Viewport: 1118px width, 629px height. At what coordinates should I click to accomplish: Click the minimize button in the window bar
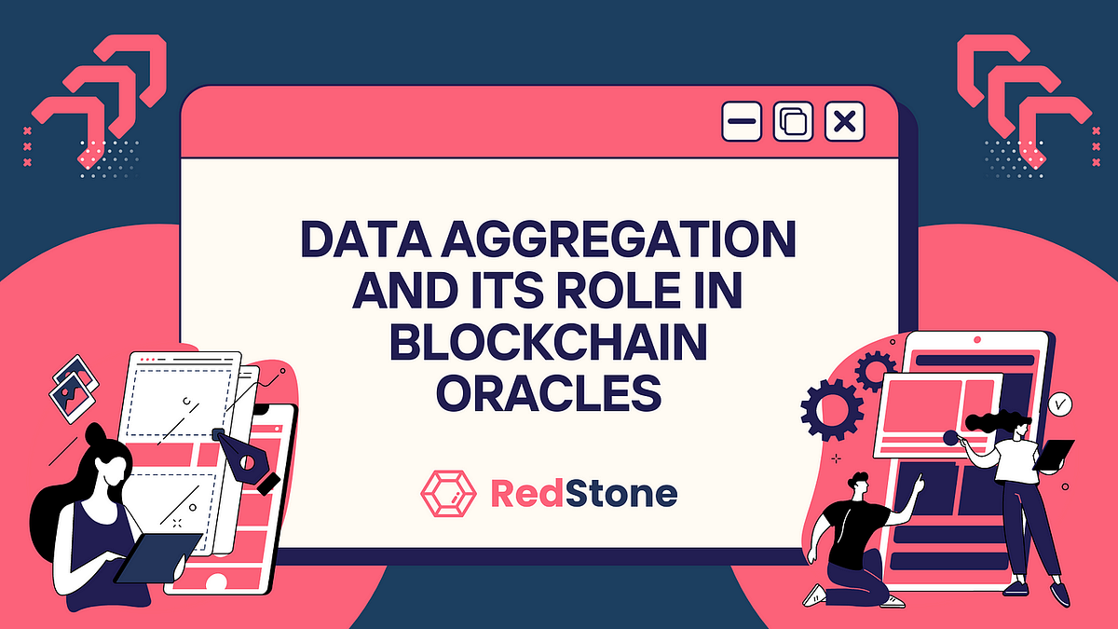(742, 122)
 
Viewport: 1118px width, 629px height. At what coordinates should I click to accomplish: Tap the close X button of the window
(845, 122)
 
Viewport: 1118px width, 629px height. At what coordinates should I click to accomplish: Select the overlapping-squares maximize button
(794, 122)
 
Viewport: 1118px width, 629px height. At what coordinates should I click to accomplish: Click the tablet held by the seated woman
(155, 558)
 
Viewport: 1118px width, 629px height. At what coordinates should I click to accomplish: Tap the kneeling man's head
(859, 487)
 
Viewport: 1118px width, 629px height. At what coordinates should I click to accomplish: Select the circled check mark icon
(1059, 404)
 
